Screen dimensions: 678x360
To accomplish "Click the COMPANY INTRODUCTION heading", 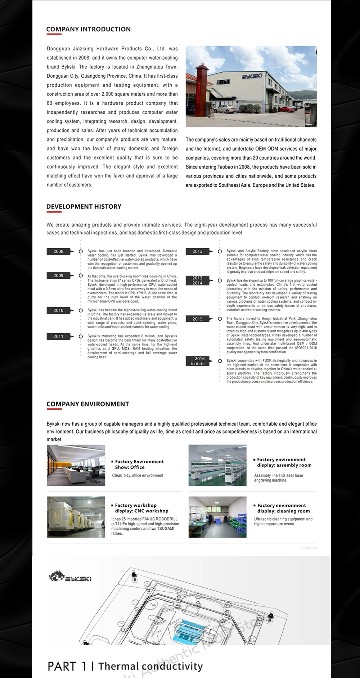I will [88, 30].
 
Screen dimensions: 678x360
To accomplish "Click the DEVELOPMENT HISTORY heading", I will [84, 207].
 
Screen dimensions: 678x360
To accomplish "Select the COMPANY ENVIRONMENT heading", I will [87, 404].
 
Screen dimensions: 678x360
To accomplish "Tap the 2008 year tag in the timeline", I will [58, 251].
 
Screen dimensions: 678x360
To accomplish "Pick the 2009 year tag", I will [58, 276].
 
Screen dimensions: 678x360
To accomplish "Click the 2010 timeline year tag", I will [58, 310].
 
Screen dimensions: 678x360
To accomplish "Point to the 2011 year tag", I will [58, 336].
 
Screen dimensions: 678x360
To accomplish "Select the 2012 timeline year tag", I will [197, 251].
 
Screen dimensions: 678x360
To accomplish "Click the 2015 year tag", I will [197, 319].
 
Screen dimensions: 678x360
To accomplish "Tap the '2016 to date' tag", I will [197, 361].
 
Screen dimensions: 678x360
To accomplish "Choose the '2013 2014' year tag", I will [197, 280].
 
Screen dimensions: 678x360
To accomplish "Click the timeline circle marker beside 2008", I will [81, 251].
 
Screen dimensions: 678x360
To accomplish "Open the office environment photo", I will [76, 465].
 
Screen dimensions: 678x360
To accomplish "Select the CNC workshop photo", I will [76, 517].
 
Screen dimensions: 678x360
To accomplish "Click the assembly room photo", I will [217, 465].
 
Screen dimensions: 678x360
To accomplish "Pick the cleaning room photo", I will [217, 517].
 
